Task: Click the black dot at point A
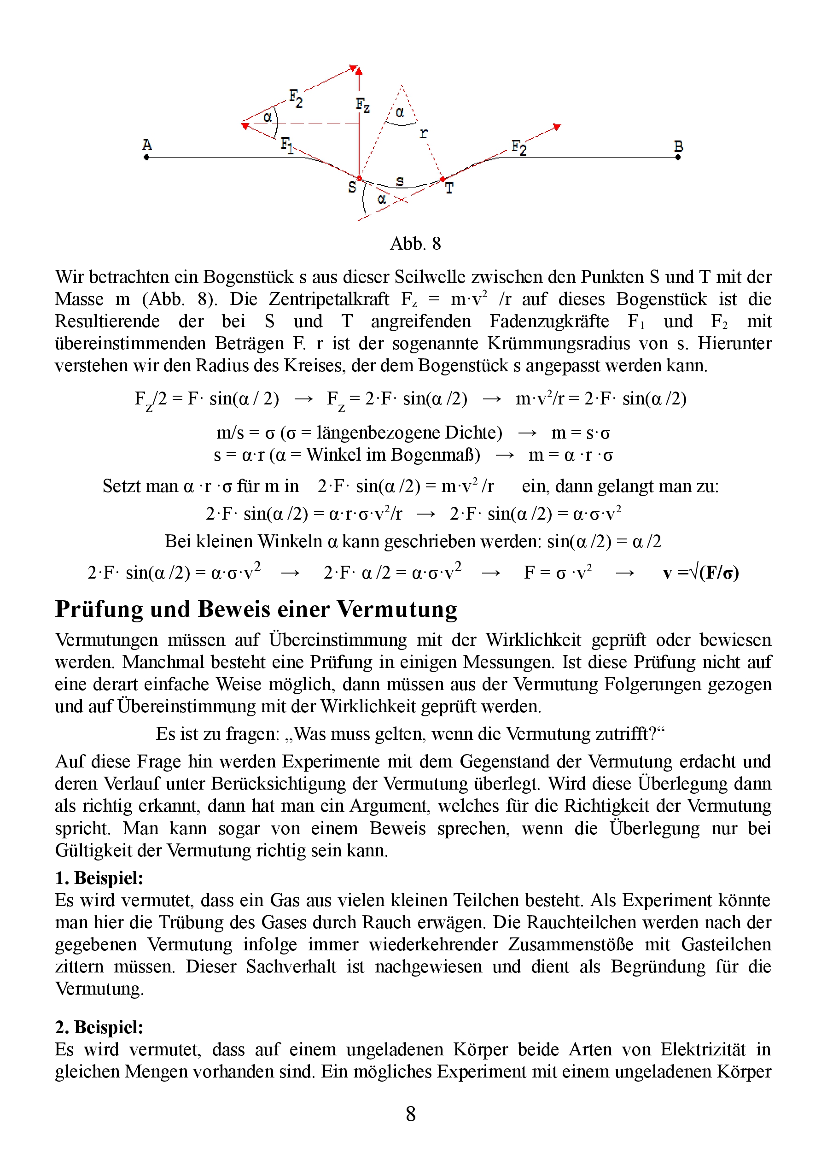click(x=147, y=158)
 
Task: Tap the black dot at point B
click(x=678, y=158)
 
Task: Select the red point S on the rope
click(x=359, y=178)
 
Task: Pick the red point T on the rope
click(x=443, y=179)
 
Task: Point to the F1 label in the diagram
click(x=287, y=145)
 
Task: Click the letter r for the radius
click(x=424, y=134)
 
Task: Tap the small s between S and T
click(x=400, y=181)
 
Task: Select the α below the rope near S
click(x=382, y=199)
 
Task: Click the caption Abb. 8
click(x=415, y=244)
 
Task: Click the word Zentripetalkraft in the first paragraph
click(x=328, y=299)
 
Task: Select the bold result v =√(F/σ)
click(x=701, y=573)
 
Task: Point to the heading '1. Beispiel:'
click(x=99, y=878)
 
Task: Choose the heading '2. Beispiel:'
click(x=99, y=1027)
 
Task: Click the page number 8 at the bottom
click(x=410, y=1113)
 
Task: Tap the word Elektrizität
click(x=703, y=1049)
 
